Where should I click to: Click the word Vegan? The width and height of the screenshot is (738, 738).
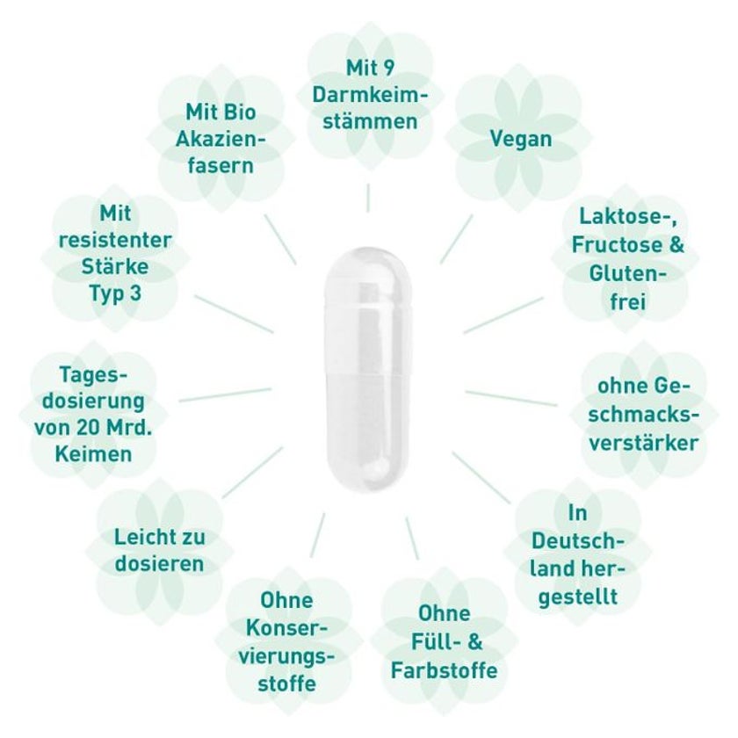[520, 140]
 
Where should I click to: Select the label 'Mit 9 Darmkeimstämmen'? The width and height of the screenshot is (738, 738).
[370, 95]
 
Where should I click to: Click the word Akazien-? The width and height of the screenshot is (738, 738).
[221, 139]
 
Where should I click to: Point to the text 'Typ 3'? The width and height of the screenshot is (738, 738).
[115, 293]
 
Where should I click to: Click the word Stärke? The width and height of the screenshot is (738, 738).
[115, 266]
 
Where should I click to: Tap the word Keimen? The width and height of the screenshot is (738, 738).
[94, 454]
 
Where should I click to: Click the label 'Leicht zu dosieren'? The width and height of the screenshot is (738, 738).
[160, 550]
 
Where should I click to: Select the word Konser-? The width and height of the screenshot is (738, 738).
[286, 628]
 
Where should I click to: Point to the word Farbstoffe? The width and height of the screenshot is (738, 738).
[444, 670]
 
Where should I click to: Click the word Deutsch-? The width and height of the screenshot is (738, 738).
[577, 541]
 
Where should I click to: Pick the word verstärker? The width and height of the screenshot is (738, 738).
[643, 443]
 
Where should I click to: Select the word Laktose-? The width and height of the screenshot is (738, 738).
[627, 217]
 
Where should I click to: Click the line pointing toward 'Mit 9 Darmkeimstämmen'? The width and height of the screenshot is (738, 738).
[368, 198]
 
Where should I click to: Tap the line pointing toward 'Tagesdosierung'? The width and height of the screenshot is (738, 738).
[226, 394]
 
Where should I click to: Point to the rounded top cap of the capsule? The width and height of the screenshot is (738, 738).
[368, 278]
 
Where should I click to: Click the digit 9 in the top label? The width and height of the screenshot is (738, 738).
[387, 68]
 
